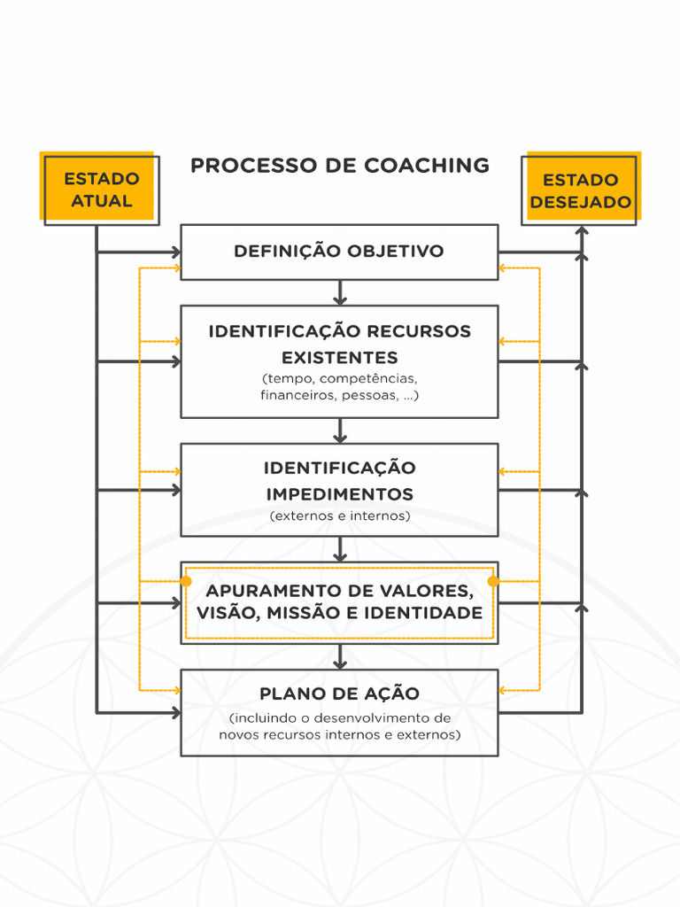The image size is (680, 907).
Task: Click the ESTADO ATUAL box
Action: (101, 190)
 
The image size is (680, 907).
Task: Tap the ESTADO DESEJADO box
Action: (580, 190)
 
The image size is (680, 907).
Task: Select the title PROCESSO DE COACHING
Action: (340, 166)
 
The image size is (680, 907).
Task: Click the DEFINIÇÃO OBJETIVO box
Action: (339, 252)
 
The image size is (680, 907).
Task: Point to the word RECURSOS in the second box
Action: (420, 331)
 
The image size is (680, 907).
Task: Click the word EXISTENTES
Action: (339, 358)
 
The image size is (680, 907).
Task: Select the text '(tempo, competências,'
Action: (339, 379)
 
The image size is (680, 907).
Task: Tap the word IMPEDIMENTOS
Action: (339, 493)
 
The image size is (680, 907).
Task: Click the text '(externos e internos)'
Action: (339, 516)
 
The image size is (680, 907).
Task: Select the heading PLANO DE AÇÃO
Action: (339, 694)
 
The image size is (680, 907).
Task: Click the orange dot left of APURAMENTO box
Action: (185, 581)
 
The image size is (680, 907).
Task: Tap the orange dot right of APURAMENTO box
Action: (494, 581)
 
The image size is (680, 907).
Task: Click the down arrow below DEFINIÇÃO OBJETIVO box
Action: (340, 294)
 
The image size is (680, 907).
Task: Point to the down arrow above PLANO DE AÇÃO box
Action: (340, 658)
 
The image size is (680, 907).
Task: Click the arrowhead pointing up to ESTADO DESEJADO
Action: (582, 232)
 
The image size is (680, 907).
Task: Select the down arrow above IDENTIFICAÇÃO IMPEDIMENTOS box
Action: (340, 432)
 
